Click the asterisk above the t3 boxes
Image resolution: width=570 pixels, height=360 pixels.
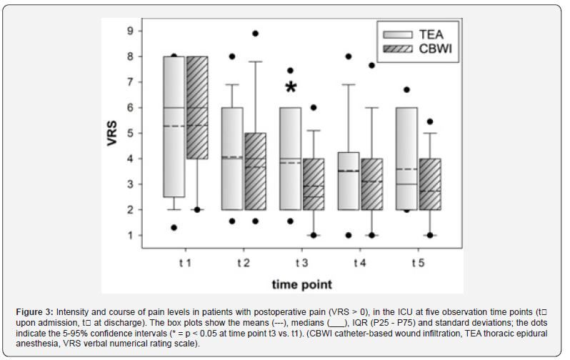point(291,88)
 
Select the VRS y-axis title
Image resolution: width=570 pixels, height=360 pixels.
point(112,134)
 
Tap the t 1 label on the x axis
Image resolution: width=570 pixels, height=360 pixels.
point(185,263)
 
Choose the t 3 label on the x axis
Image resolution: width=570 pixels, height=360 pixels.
point(301,263)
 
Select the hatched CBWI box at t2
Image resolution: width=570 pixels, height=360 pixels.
point(256,171)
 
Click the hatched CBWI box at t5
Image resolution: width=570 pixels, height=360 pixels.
point(429,184)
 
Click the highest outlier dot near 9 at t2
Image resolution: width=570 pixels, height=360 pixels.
point(256,34)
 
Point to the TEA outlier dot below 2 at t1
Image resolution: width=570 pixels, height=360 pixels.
point(174,228)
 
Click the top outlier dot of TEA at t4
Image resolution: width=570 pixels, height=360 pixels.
point(348,56)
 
